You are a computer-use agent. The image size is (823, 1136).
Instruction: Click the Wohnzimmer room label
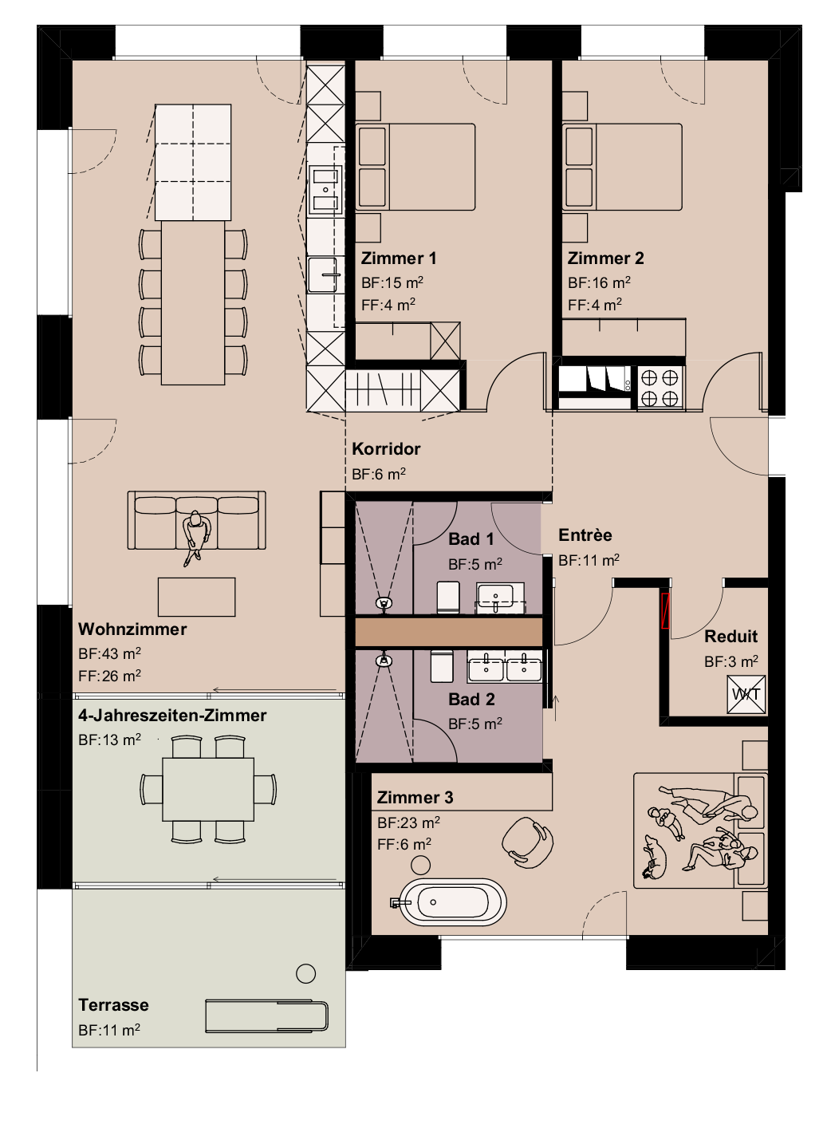pyautogui.click(x=132, y=629)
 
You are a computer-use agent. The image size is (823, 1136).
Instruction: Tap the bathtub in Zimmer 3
pyautogui.click(x=452, y=902)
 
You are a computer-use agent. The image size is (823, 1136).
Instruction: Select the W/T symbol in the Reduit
pyautogui.click(x=746, y=694)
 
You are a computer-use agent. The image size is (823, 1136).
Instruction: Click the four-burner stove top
pyautogui.click(x=660, y=387)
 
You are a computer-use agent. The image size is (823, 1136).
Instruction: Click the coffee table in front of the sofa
pyautogui.click(x=196, y=597)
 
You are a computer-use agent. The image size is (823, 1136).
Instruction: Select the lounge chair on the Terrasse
pyautogui.click(x=266, y=1016)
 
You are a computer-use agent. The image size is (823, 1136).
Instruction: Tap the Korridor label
pyautogui.click(x=386, y=449)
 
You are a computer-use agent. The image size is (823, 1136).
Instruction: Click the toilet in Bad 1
pyautogui.click(x=448, y=598)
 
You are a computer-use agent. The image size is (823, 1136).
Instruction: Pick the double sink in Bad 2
pyautogui.click(x=505, y=667)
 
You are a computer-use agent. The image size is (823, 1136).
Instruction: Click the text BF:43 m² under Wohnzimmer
pyautogui.click(x=109, y=654)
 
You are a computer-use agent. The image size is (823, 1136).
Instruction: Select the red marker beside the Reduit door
pyautogui.click(x=665, y=610)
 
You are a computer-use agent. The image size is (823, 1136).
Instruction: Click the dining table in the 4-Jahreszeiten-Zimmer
pyautogui.click(x=208, y=789)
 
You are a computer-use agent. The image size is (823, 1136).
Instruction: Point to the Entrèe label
pyautogui.click(x=585, y=535)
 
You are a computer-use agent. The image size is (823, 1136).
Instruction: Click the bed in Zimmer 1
pyautogui.click(x=415, y=167)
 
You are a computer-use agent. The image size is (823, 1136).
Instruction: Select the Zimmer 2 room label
pyautogui.click(x=605, y=258)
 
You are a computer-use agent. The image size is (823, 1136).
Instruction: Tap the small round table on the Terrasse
pyautogui.click(x=305, y=973)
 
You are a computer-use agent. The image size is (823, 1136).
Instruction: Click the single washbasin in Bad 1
pyautogui.click(x=500, y=596)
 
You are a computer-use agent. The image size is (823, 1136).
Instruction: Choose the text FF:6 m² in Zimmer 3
pyautogui.click(x=404, y=844)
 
